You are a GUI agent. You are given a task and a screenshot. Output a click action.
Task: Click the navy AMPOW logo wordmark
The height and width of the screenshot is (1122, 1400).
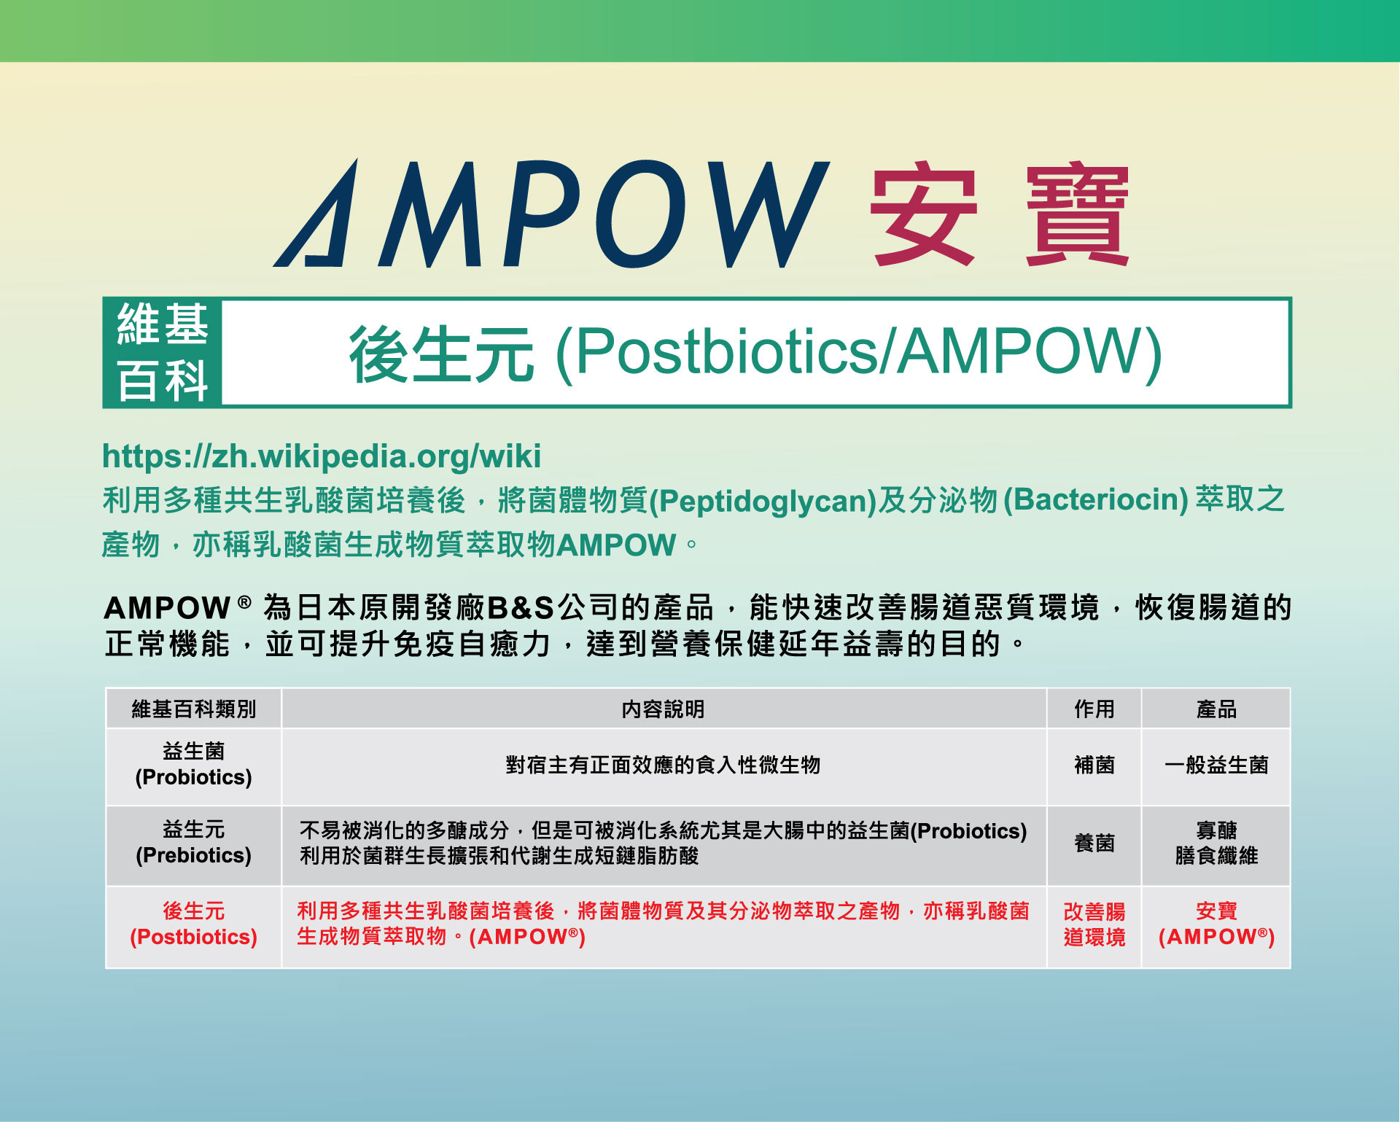(551, 213)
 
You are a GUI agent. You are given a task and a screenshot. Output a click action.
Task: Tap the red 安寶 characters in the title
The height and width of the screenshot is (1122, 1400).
(999, 214)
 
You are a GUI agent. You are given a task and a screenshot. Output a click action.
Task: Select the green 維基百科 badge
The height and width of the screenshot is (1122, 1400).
(163, 352)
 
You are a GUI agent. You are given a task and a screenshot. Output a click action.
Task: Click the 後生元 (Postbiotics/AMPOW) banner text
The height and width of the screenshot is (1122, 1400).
(755, 353)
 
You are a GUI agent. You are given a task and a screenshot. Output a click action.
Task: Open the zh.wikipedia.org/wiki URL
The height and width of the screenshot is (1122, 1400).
(322, 456)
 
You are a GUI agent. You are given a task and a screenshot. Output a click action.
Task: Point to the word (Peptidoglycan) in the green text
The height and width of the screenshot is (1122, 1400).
(762, 501)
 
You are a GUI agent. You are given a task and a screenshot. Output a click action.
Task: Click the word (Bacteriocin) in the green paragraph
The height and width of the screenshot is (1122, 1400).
(1096, 500)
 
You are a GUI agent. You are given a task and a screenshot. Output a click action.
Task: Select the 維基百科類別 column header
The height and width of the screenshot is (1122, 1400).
(193, 709)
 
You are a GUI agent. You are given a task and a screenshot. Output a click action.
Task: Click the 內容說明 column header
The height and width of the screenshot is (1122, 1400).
(663, 709)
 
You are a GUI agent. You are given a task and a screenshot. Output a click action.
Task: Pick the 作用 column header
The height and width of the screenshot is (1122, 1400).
(1094, 709)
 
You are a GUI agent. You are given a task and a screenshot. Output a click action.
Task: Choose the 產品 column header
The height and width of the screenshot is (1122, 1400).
(1216, 709)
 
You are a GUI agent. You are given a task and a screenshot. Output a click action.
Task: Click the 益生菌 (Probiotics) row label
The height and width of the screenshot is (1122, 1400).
(193, 764)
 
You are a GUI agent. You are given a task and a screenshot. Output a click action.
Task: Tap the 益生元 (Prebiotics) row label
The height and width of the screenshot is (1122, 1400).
(193, 842)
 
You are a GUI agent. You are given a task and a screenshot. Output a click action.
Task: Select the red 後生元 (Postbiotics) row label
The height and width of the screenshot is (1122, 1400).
(193, 924)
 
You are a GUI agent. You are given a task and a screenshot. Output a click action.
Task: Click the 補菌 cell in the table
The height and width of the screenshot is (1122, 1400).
(1094, 765)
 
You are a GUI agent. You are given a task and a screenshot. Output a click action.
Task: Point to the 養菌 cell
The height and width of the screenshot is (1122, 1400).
(1094, 843)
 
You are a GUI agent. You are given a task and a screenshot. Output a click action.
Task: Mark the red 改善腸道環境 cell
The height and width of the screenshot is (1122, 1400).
(1094, 924)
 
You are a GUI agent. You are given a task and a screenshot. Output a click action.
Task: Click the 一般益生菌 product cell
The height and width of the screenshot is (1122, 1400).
(1216, 765)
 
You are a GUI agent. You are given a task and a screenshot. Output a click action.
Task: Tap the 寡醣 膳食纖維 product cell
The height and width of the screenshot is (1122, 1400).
(1216, 843)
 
